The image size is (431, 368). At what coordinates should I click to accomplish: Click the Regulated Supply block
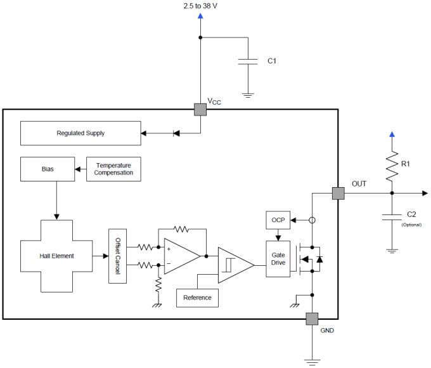pyautogui.click(x=80, y=133)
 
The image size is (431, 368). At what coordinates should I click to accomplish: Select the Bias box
pyautogui.click(x=48, y=169)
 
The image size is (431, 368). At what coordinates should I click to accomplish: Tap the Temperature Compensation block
pyautogui.click(x=113, y=169)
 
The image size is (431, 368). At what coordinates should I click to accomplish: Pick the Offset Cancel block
pyautogui.click(x=118, y=256)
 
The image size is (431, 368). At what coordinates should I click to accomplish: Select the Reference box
pyautogui.click(x=197, y=297)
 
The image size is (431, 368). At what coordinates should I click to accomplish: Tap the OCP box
pyautogui.click(x=277, y=221)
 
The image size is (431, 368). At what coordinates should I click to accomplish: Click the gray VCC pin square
pyautogui.click(x=200, y=109)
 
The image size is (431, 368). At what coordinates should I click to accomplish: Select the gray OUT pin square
pyautogui.click(x=338, y=193)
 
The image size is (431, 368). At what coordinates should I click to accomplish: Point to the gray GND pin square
pyautogui.click(x=312, y=319)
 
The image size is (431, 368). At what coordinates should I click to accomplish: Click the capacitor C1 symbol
pyautogui.click(x=247, y=62)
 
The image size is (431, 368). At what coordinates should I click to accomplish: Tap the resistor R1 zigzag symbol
pyautogui.click(x=392, y=164)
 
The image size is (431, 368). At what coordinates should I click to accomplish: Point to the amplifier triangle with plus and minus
pyautogui.click(x=180, y=256)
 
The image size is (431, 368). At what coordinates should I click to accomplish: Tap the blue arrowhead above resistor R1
pyautogui.click(x=392, y=135)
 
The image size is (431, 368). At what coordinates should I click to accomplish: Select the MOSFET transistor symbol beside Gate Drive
pyautogui.click(x=309, y=258)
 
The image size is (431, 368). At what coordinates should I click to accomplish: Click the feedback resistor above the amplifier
pyautogui.click(x=182, y=228)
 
